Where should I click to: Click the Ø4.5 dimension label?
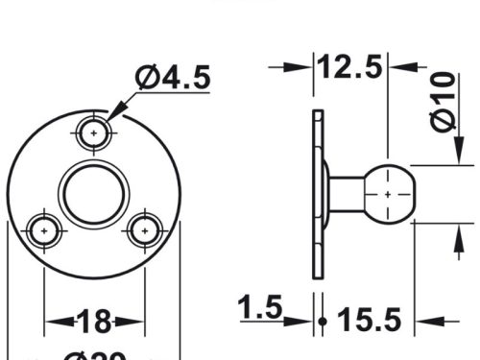pyautogui.click(x=173, y=78)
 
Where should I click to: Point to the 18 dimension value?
pyautogui.click(x=94, y=320)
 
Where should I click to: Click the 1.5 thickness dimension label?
pyautogui.click(x=260, y=308)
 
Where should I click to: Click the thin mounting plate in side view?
pyautogui.click(x=319, y=194)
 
